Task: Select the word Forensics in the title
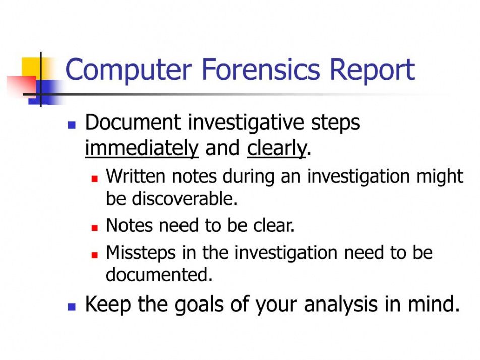261,69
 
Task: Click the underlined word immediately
142,149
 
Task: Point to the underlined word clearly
276,149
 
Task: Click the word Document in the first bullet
133,123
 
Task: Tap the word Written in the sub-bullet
136,176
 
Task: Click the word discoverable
185,198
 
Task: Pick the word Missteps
141,254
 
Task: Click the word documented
159,274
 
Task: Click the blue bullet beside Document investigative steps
72,125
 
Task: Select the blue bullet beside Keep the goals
72,307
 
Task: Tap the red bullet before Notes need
95,228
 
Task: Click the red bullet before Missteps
95,255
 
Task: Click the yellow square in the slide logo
31,67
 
